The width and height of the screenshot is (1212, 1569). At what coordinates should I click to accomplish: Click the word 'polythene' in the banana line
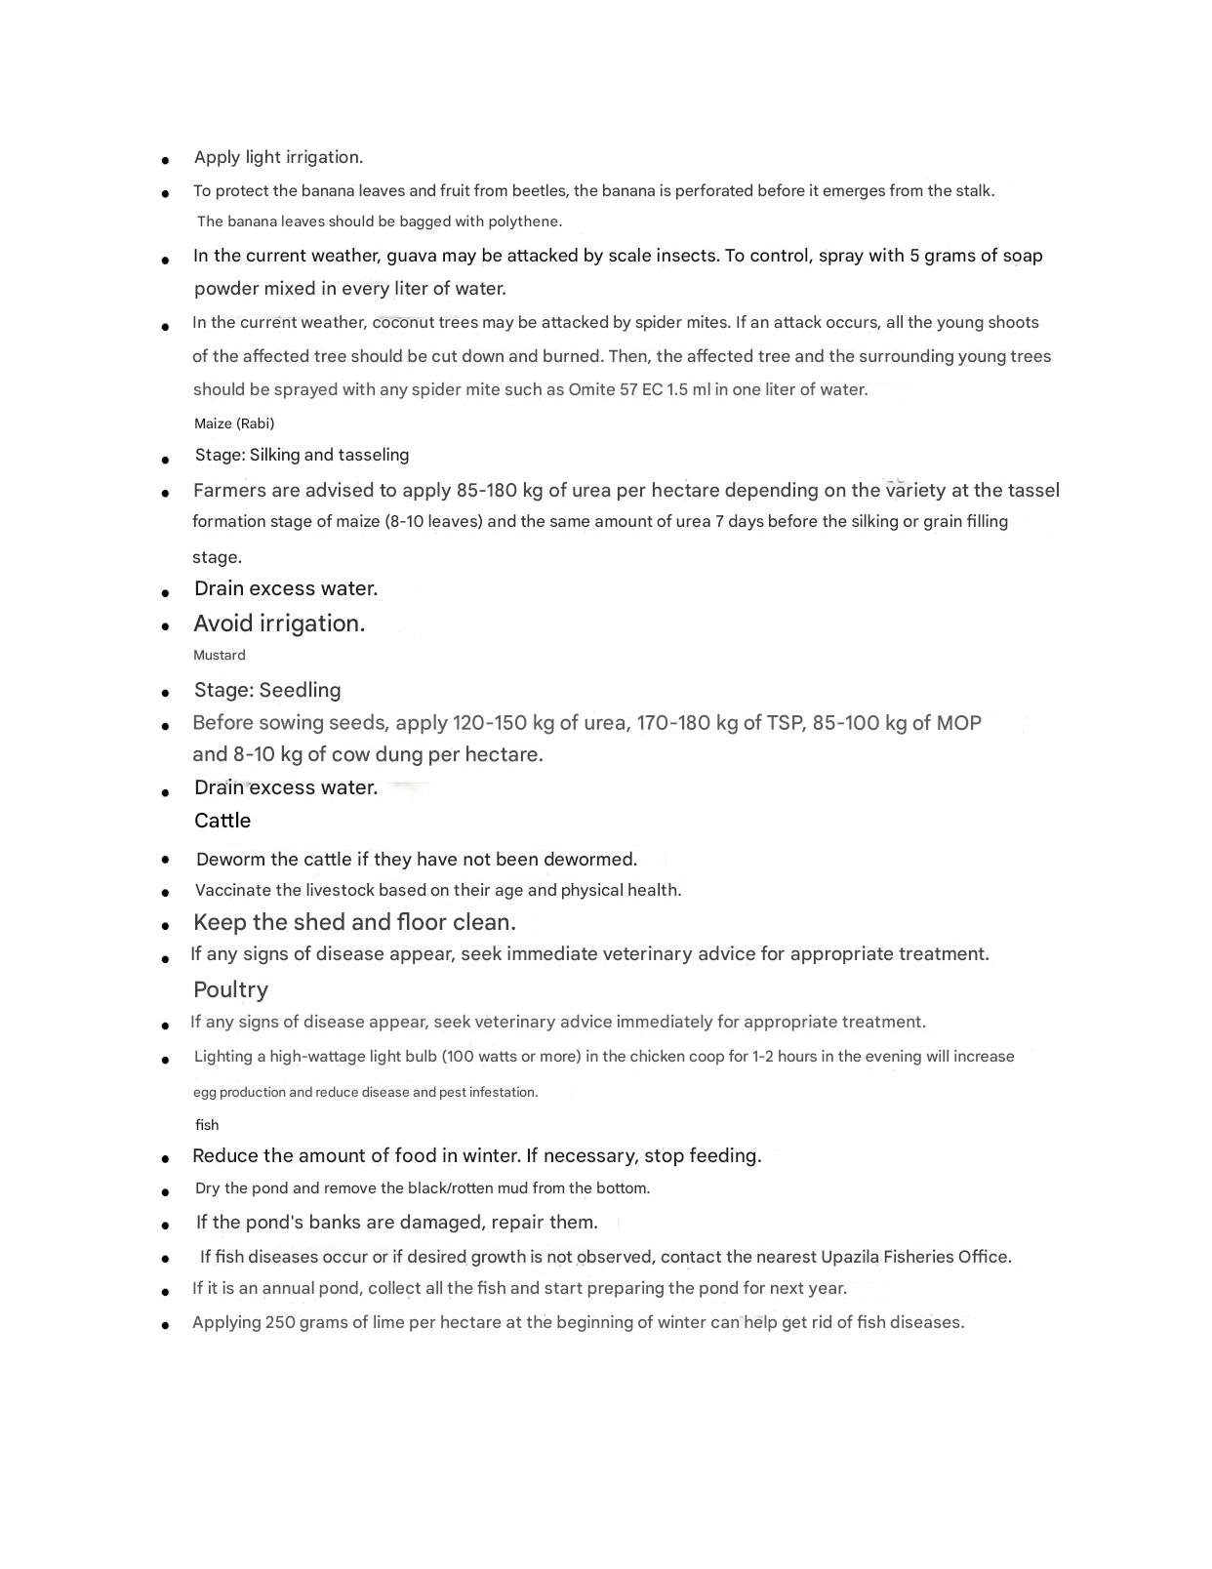pos(526,221)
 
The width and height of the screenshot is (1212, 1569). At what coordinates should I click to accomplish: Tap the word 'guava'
pos(412,256)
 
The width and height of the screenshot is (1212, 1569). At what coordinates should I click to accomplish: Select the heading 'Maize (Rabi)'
pos(234,423)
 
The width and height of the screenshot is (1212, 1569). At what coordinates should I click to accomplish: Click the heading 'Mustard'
pos(220,656)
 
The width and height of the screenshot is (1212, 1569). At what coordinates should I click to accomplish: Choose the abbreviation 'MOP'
pos(958,724)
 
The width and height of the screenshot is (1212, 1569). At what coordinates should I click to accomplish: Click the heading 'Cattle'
pos(222,821)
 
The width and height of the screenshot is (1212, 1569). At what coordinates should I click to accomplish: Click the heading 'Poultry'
pos(230,990)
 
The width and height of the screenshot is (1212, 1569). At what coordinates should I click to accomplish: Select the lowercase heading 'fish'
pos(207,1125)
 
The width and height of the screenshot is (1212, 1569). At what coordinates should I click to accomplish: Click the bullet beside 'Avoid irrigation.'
pos(166,626)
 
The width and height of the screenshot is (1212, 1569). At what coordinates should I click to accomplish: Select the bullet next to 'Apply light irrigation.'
pos(166,160)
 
